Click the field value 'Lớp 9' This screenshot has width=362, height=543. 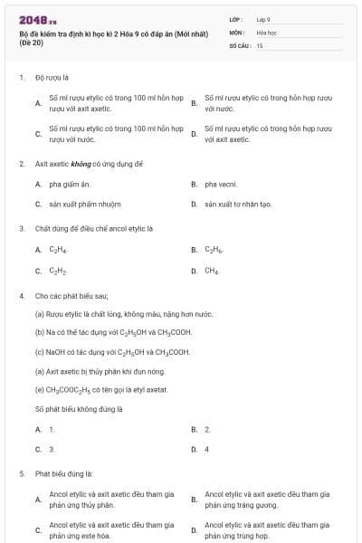263,19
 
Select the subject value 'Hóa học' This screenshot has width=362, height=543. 266,32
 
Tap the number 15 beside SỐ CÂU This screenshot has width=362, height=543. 260,44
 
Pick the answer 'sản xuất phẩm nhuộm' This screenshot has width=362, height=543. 84,204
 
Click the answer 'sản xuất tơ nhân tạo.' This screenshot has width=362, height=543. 238,204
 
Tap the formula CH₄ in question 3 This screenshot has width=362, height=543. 212,271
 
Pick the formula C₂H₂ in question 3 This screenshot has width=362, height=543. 58,271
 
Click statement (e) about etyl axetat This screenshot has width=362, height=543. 100,390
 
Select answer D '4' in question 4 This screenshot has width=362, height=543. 207,449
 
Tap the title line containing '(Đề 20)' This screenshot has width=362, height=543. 31,43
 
